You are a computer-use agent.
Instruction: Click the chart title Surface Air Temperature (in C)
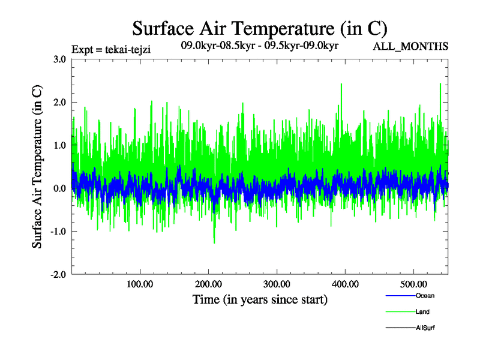259,28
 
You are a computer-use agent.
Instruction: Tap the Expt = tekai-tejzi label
110,50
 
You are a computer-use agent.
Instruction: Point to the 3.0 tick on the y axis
59,59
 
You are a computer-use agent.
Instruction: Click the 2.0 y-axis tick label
59,103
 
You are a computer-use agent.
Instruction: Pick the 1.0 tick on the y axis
59,145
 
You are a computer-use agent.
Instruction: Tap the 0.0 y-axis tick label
59,188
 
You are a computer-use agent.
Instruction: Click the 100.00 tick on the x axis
140,284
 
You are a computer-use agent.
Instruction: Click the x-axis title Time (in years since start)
260,299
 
